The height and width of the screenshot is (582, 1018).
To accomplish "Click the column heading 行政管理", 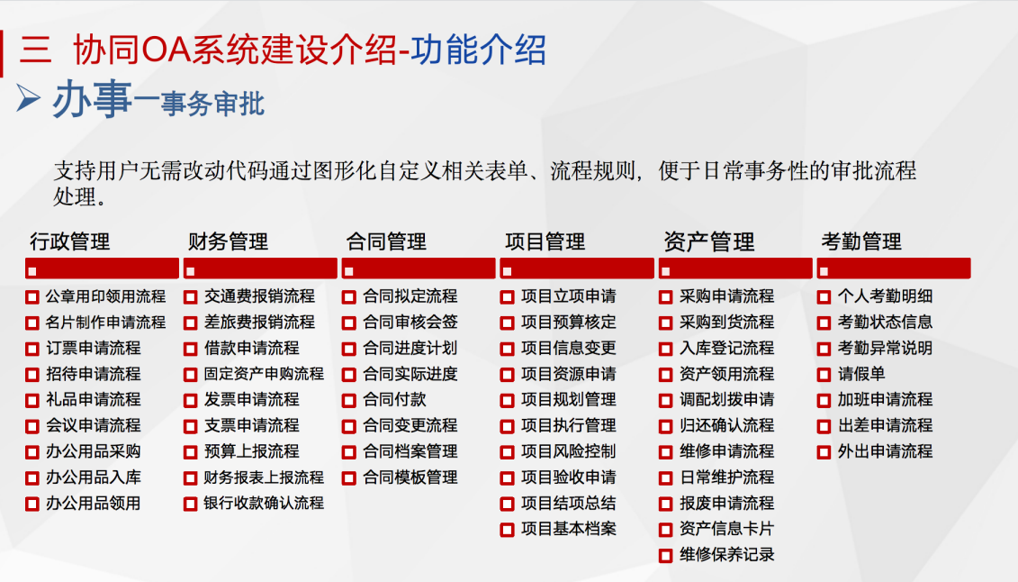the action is click(70, 241).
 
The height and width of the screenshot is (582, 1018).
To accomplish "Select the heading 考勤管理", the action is click(860, 241).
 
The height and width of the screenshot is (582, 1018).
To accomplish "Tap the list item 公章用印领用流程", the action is click(105, 296).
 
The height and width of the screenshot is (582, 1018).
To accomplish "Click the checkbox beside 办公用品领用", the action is click(32, 504).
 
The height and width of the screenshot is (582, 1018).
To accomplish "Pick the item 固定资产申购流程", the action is click(264, 374).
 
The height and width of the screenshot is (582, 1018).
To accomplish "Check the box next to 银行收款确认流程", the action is click(190, 504).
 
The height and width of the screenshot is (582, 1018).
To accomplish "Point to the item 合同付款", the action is click(394, 399).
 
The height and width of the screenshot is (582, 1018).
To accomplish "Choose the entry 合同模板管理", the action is click(410, 477).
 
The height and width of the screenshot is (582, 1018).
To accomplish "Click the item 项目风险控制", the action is click(568, 451).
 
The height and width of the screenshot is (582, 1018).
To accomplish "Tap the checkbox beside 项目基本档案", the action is click(507, 530).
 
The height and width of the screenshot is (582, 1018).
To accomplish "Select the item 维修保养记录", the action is click(726, 555).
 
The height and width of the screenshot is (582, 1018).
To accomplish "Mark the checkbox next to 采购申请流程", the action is click(665, 296).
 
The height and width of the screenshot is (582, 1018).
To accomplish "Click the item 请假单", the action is click(860, 374).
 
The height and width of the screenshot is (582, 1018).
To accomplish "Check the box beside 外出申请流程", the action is click(824, 451).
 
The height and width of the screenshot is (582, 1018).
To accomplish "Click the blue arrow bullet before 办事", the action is click(28, 98).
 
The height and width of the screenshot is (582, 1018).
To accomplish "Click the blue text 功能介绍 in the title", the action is click(478, 50).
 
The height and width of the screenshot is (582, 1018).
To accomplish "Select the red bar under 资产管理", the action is click(735, 268).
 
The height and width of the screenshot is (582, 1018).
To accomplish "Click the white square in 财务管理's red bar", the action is click(190, 271).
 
